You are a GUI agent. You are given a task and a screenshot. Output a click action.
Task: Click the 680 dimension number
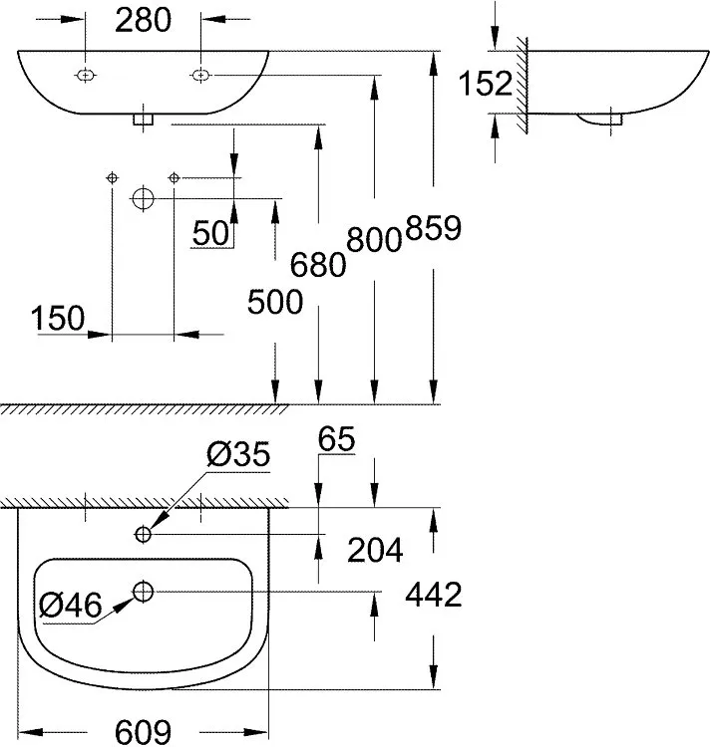coord(318,263)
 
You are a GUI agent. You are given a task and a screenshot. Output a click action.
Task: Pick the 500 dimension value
coord(274,302)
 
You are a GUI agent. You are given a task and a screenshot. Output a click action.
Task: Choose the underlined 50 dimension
coord(211,232)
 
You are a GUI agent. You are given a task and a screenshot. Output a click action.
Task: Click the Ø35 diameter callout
coord(237,456)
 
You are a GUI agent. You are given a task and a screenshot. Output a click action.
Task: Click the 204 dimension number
coord(375,549)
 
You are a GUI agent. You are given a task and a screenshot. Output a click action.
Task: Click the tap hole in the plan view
coord(144,535)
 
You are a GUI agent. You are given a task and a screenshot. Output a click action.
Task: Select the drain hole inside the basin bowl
coord(143,592)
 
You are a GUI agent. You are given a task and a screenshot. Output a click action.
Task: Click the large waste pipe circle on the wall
coord(143,198)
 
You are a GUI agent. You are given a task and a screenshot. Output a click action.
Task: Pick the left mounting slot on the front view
coord(87,75)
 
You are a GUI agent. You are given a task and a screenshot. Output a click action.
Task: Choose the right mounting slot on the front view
coord(200,75)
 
